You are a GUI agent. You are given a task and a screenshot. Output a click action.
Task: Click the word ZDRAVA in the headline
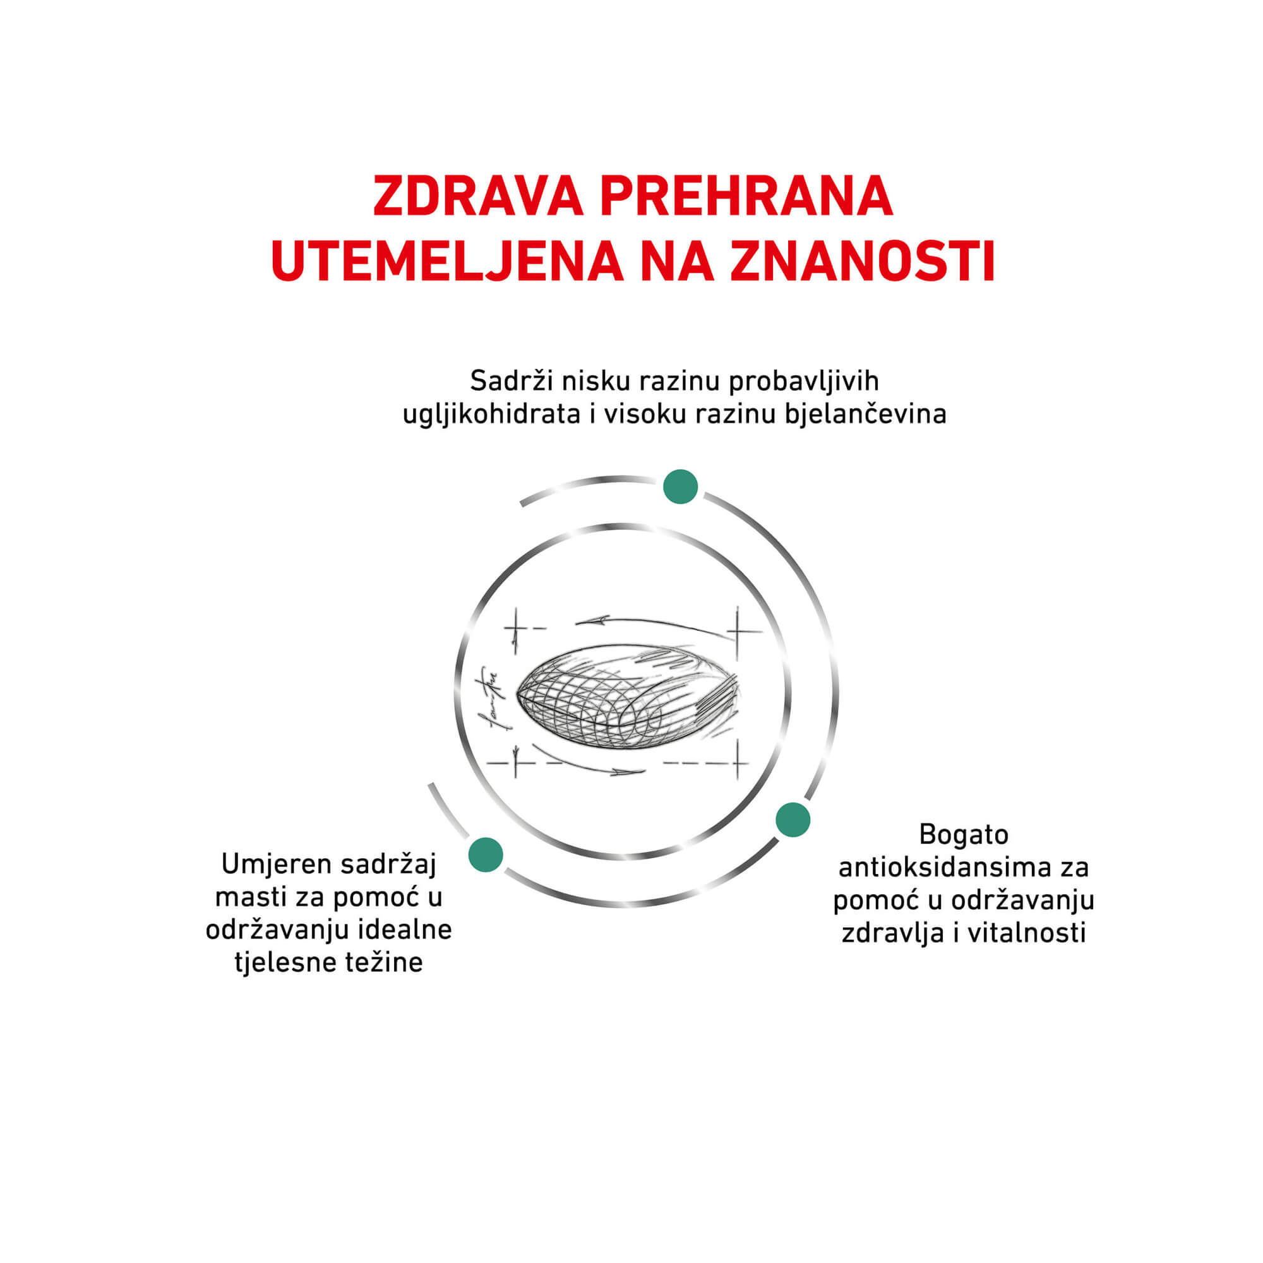[x=478, y=196]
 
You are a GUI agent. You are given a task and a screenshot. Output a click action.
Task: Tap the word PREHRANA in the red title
[x=746, y=196]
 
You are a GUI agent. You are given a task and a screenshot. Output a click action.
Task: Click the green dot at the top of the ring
[x=681, y=486]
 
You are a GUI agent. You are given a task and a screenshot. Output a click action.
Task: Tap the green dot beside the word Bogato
[x=793, y=820]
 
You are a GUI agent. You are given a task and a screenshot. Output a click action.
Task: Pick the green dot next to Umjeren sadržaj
[x=486, y=854]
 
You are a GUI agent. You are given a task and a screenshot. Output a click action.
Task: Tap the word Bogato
[x=963, y=835]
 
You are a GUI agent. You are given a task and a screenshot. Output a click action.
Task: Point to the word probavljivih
[x=804, y=382]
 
